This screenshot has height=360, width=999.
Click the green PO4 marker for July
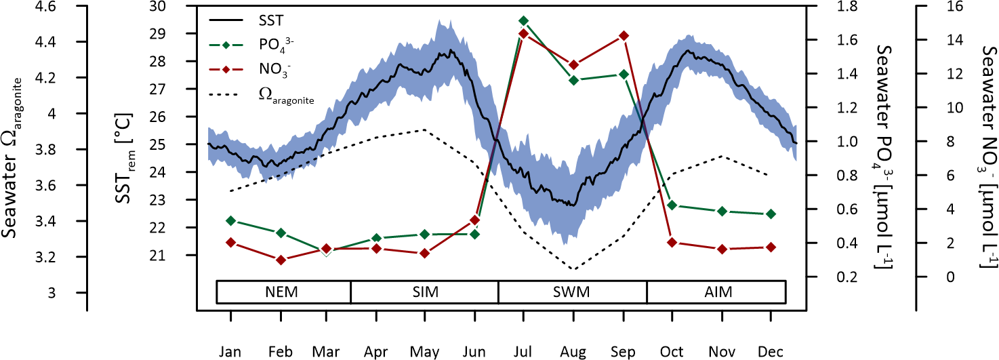coord(523,20)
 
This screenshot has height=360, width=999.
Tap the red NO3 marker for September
coord(624,35)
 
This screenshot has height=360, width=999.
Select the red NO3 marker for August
coord(573,64)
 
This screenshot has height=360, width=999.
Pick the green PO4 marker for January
coord(230,220)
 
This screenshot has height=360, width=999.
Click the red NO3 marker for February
coord(280,260)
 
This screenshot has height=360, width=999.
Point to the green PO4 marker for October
coord(672,205)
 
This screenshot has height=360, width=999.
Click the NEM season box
coord(283,292)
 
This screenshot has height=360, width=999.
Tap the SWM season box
coord(572,292)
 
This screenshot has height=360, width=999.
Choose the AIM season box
coord(716,292)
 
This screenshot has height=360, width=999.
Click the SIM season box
coord(424,292)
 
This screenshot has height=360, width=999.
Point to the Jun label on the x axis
coord(474,352)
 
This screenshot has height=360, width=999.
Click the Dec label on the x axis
coord(771,352)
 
